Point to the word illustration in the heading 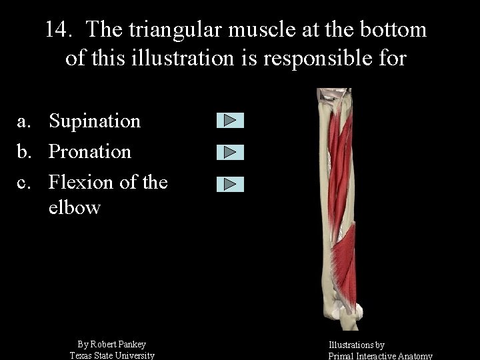(198, 59)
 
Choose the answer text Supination (95, 121)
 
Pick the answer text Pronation (90, 151)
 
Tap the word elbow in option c (74, 207)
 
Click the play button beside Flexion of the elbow (230, 184)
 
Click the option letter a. (24, 121)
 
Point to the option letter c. (24, 181)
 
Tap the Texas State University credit (112, 355)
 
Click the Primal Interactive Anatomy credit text (380, 356)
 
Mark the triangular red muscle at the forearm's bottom (345, 257)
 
